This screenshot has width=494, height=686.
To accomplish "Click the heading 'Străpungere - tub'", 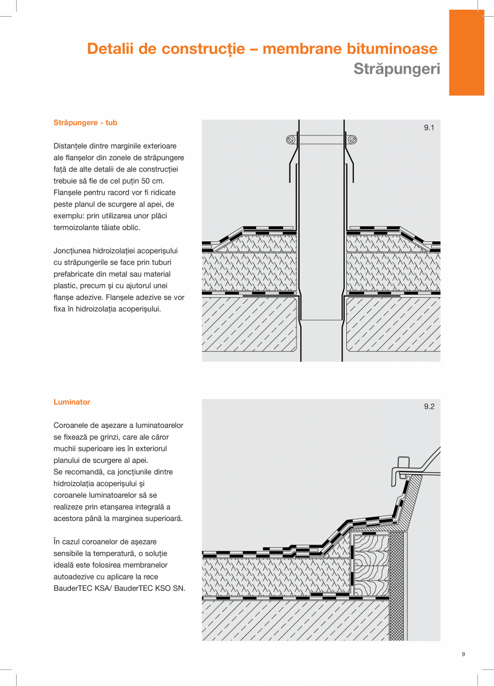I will click(x=85, y=123).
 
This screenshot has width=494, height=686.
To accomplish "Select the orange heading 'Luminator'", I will click(x=71, y=402).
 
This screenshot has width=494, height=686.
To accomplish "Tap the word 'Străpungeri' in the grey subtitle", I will click(x=396, y=69).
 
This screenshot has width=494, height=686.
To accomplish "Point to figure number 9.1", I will click(x=428, y=128).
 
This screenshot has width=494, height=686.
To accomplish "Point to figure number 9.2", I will click(x=428, y=407).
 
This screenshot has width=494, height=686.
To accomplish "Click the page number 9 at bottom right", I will click(x=463, y=654).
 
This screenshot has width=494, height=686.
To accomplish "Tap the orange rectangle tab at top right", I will click(x=466, y=53).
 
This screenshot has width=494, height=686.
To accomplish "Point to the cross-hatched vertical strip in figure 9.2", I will click(x=396, y=586).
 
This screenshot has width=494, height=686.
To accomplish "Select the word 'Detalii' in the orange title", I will click(x=111, y=49).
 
